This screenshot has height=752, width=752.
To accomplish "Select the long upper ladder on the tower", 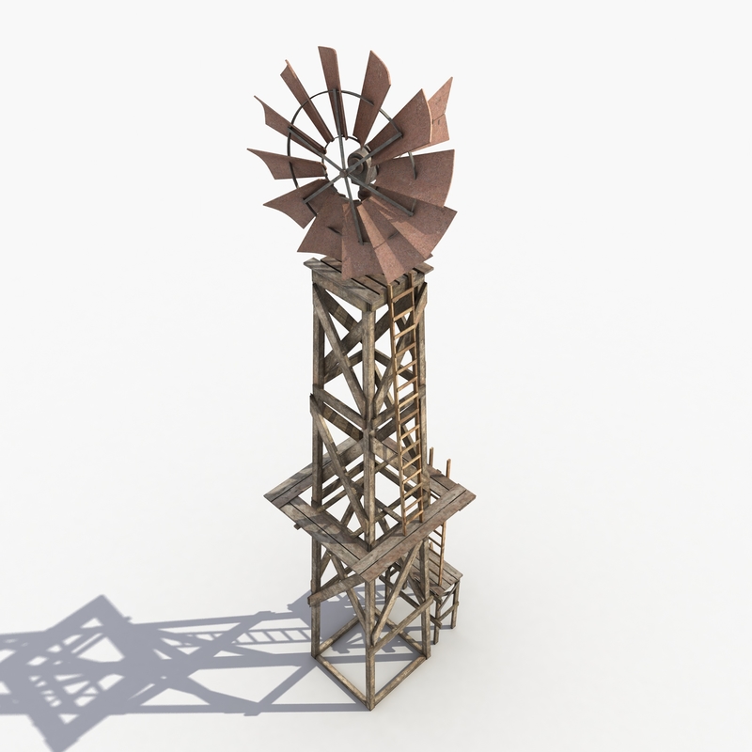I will pyautogui.click(x=406, y=404).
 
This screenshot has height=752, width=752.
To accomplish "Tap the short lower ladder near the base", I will pyautogui.click(x=437, y=564).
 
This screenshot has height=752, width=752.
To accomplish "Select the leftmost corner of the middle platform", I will pyautogui.click(x=268, y=493).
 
